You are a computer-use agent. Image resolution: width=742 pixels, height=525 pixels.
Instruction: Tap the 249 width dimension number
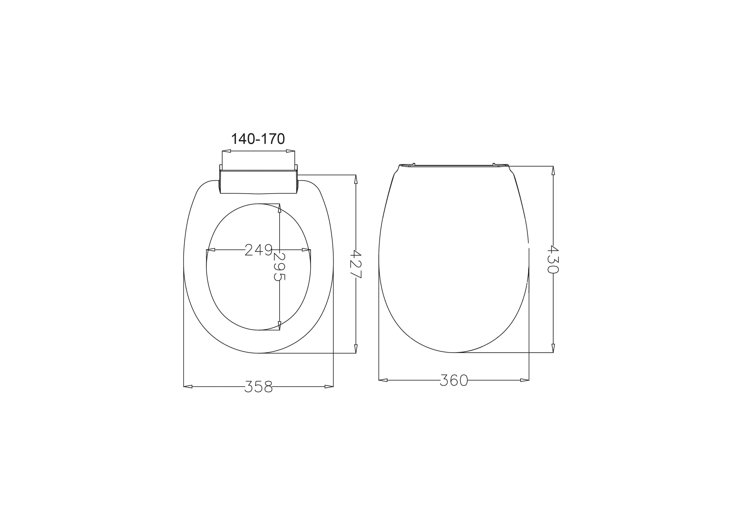click(258, 249)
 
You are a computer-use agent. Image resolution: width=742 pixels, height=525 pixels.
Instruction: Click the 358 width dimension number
click(258, 386)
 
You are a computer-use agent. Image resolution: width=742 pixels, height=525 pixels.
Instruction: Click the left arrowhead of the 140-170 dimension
click(226, 151)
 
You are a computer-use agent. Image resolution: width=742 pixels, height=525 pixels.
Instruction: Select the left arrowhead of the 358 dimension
click(188, 386)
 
